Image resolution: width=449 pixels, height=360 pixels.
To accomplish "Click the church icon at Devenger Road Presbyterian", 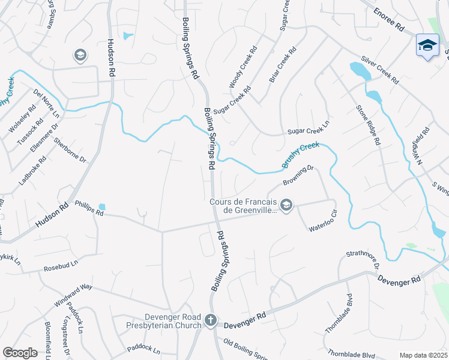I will [x=210, y=321].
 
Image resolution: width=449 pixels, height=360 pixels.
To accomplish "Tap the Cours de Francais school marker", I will [x=286, y=206].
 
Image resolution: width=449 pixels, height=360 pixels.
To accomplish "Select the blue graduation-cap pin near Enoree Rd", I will [x=427, y=46].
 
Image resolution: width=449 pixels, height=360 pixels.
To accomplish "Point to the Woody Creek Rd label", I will [x=243, y=67].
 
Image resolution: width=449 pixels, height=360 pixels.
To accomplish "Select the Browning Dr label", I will [x=298, y=175].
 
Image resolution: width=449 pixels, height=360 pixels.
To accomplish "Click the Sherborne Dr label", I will [x=70, y=151].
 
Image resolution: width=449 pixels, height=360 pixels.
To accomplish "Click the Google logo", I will [x=20, y=353].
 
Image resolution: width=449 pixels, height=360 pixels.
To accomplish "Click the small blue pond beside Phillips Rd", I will [x=101, y=207].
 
